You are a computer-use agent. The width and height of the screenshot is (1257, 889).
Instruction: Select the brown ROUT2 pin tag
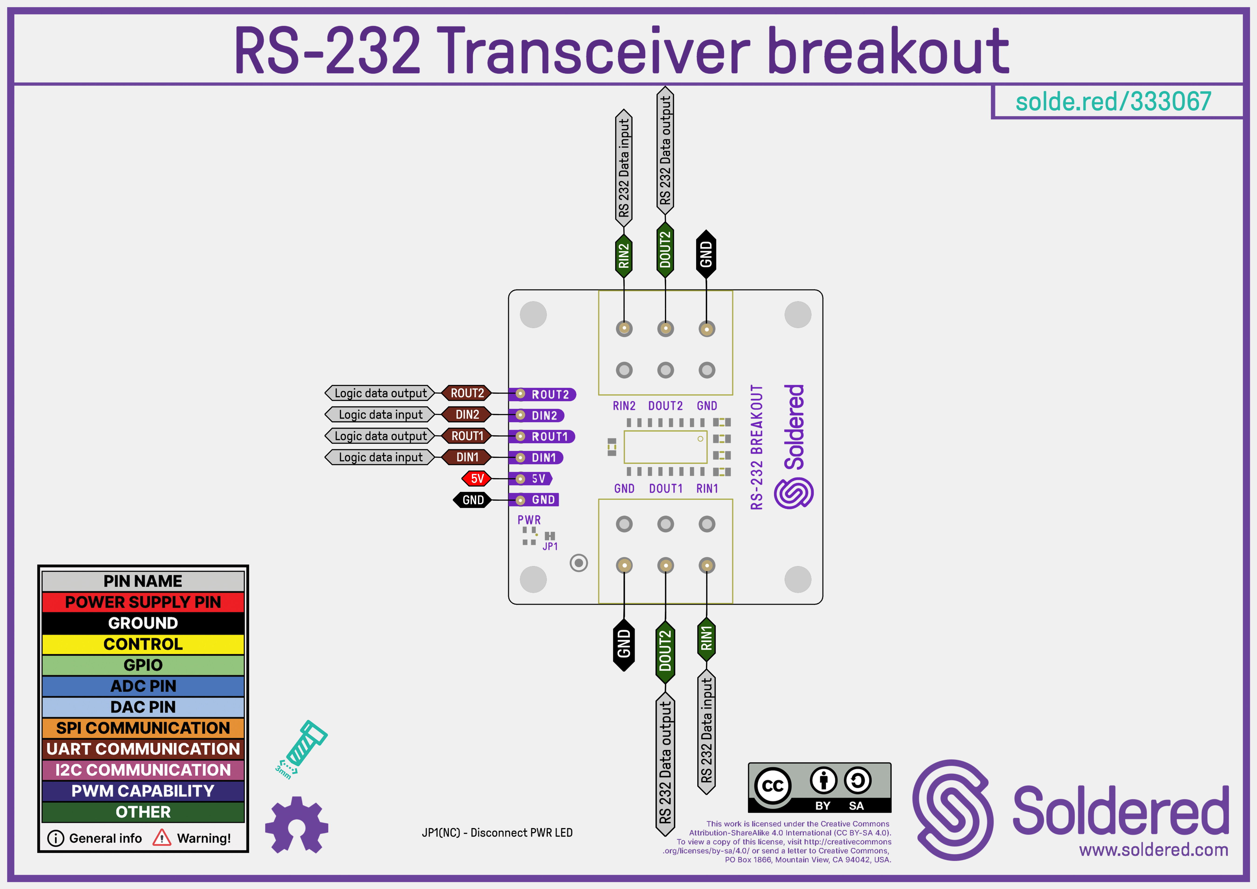pos(467,393)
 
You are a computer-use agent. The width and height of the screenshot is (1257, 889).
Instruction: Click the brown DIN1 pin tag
pos(467,457)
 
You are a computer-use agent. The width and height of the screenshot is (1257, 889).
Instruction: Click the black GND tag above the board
pos(706,254)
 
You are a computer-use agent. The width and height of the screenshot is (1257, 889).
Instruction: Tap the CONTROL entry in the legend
pos(143,644)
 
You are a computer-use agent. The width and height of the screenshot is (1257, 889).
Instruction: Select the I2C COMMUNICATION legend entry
pos(143,770)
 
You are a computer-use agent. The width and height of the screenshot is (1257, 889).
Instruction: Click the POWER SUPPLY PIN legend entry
pos(143,602)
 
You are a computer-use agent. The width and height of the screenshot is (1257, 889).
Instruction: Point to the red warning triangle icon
pos(162,838)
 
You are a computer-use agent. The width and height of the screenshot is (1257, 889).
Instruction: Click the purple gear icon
pos(296,825)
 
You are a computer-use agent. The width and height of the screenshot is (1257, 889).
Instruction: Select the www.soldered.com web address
pos(1154,850)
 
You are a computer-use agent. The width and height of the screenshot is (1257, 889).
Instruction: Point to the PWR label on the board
pos(529,520)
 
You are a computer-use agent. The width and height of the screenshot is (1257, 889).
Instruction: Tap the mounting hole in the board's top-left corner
pos(533,315)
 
